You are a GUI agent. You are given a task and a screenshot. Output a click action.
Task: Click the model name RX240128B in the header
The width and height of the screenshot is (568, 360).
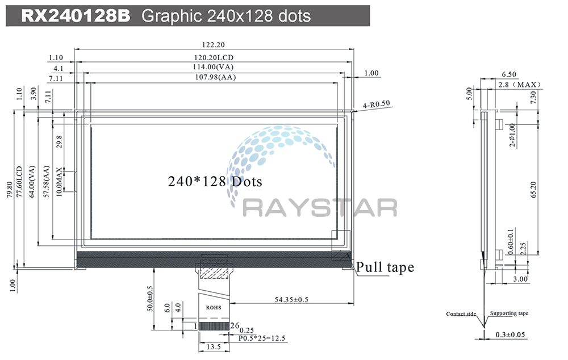point(76,15)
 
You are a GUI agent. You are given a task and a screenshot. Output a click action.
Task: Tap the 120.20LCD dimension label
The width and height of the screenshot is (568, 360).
point(214,57)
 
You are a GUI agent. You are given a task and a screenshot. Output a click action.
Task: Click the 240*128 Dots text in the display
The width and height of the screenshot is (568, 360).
point(215,182)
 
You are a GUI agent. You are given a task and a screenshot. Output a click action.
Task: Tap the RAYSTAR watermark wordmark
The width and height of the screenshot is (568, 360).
point(320,208)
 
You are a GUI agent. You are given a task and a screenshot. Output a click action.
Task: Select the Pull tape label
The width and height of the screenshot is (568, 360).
point(385,267)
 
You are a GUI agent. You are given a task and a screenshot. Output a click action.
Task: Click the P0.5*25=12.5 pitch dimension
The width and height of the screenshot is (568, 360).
point(262,338)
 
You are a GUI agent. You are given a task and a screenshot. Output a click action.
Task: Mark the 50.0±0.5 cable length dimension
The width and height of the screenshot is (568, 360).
point(151,298)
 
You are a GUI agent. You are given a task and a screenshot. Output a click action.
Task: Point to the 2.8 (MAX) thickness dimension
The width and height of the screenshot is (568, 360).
point(519,85)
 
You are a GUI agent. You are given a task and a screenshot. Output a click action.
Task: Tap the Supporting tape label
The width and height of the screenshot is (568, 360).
point(509,313)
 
